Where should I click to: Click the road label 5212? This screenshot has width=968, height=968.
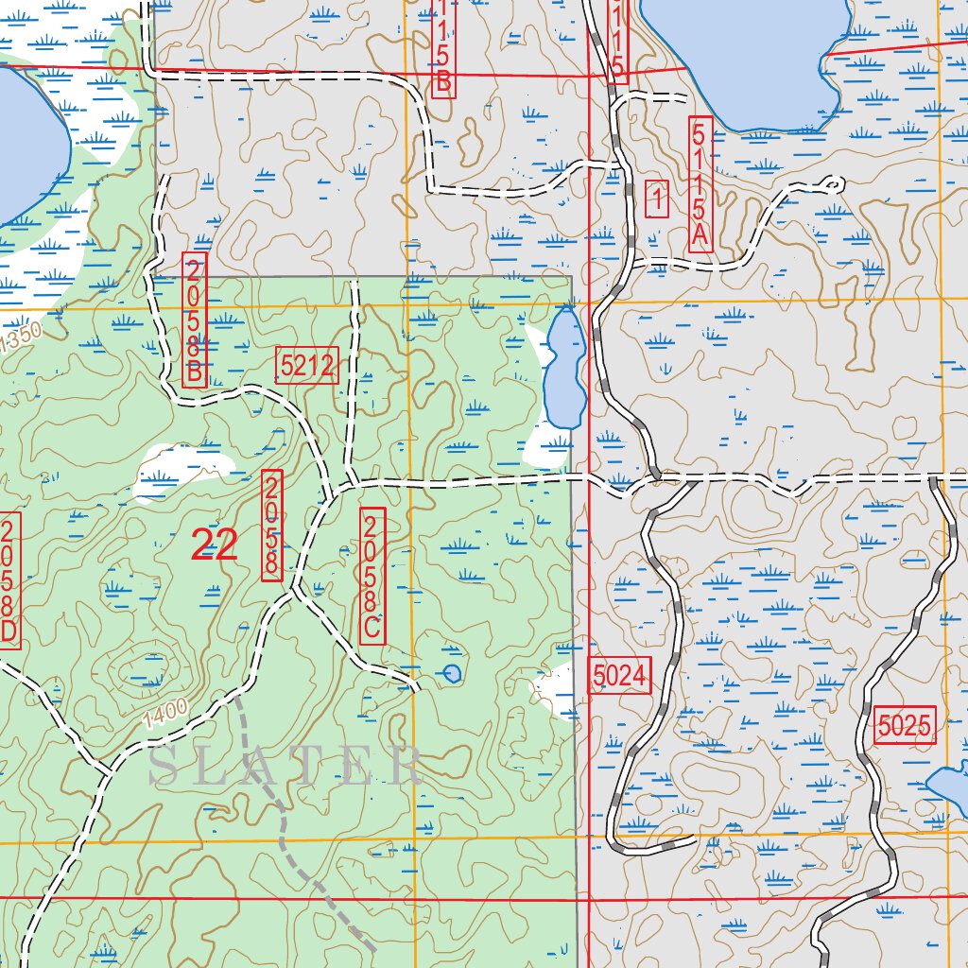(x=307, y=365)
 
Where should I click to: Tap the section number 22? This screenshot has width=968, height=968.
(x=214, y=545)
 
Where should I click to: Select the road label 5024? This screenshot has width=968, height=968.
(x=620, y=675)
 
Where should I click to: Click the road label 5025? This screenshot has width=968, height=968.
(x=905, y=725)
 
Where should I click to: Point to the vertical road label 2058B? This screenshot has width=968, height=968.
(x=194, y=319)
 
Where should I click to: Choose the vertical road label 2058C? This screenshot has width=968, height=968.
(x=372, y=575)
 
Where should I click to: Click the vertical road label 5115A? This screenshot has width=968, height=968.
(x=700, y=184)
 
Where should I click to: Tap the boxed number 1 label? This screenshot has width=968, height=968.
(x=657, y=199)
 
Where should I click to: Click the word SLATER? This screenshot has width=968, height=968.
(x=285, y=766)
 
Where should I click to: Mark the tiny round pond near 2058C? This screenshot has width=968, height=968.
(x=452, y=672)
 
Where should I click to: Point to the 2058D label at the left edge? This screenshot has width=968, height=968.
(x=9, y=580)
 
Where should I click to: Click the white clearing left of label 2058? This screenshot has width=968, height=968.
(x=184, y=471)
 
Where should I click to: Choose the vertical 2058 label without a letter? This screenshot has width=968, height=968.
(x=272, y=525)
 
